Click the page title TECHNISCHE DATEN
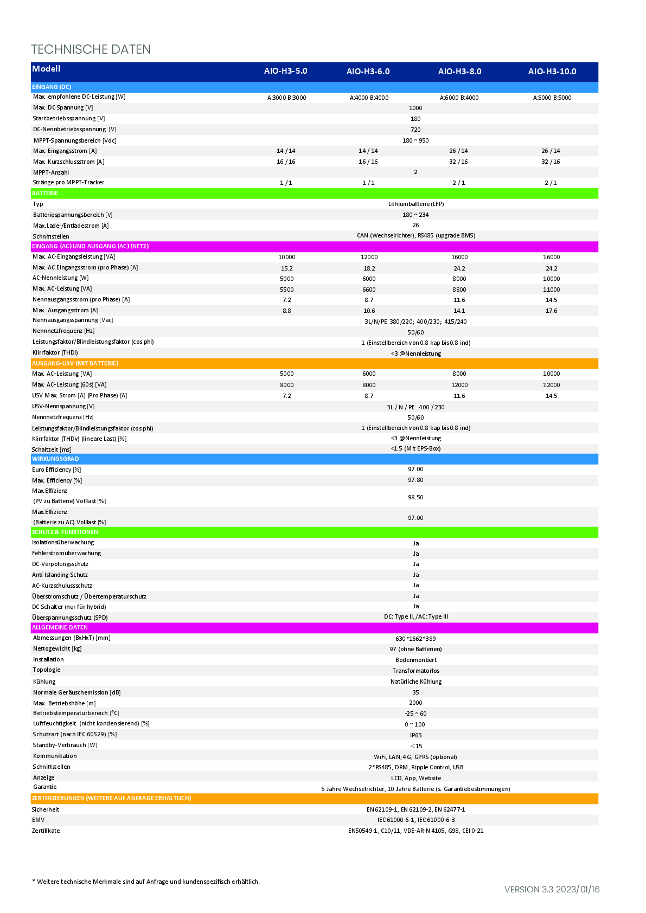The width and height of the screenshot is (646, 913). [x=91, y=49]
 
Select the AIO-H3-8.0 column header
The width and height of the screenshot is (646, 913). [x=459, y=72]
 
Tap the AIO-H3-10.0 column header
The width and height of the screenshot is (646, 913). [x=552, y=72]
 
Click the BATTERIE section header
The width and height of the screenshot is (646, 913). [x=45, y=193]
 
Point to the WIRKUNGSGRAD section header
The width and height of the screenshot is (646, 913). [x=55, y=459]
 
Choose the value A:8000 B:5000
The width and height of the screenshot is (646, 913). [x=552, y=98]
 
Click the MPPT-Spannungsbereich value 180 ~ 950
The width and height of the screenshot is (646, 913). [x=415, y=140]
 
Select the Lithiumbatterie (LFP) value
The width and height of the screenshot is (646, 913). [x=415, y=204]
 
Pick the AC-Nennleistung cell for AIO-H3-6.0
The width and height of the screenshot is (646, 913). [x=369, y=279]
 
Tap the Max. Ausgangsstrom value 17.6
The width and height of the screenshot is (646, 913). [x=552, y=311]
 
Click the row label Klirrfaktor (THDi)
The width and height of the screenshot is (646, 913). [x=55, y=352]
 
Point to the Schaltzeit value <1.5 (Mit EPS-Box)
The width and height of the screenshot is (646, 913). [x=415, y=448]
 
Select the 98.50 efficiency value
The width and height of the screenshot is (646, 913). [x=415, y=497]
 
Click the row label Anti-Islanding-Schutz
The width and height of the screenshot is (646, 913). [x=60, y=575]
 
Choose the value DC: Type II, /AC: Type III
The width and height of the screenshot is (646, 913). [x=415, y=616]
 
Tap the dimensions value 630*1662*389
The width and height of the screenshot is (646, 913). [x=415, y=638]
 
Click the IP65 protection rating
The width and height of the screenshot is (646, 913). [x=415, y=735]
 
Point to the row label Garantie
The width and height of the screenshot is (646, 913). [x=44, y=787]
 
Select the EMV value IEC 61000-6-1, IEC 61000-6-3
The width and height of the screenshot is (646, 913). [x=415, y=820]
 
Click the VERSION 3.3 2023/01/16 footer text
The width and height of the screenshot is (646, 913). [x=552, y=889]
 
